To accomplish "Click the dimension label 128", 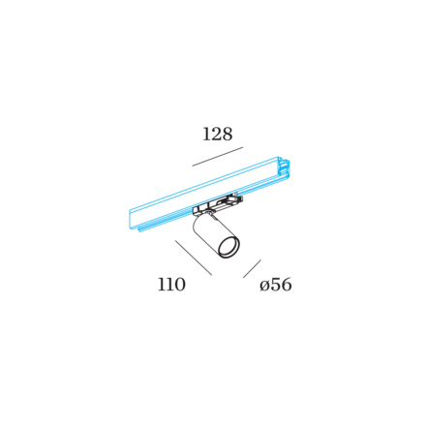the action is pos(218,134).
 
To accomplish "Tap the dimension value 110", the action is pos(171,285).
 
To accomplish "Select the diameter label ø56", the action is pos(276,285).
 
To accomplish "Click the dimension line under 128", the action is pos(218,157).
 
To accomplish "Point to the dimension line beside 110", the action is pos(194,258).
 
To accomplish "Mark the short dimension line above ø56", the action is pos(252,268).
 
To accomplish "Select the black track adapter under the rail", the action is pos(217,205).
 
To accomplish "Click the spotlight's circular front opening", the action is pos(228,248).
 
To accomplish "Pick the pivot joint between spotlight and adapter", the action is pos(210,212).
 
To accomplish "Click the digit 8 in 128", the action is pos(227,134).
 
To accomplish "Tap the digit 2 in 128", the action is pos(215,134).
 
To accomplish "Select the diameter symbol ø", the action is pos(264,287).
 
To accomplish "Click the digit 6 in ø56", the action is pos(287,285).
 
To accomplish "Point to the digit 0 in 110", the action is pos(180,285).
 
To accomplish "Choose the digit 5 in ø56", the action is pos(275,285).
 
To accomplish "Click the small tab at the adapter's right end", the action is pos(238,196).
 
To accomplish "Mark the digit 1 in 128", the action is pos(205,135).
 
